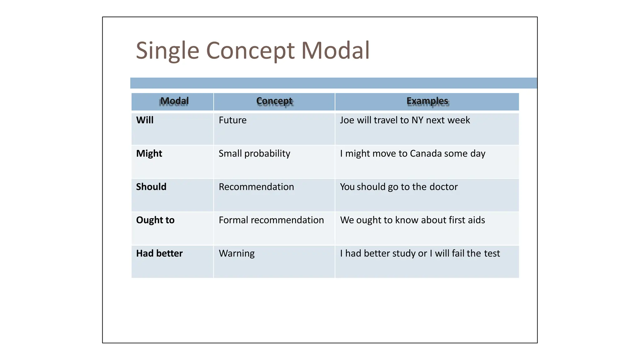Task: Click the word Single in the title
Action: (x=167, y=51)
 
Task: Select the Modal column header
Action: (x=174, y=101)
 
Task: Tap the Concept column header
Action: (x=274, y=101)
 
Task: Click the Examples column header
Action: (x=427, y=101)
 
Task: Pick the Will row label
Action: (x=145, y=120)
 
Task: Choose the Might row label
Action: (x=149, y=153)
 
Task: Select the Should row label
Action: (x=151, y=187)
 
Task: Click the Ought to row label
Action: (x=155, y=220)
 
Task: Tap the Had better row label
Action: (x=159, y=253)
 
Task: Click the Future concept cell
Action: (x=232, y=120)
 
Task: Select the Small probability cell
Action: (x=254, y=153)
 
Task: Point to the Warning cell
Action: (x=237, y=253)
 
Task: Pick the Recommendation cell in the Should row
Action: (x=256, y=187)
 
